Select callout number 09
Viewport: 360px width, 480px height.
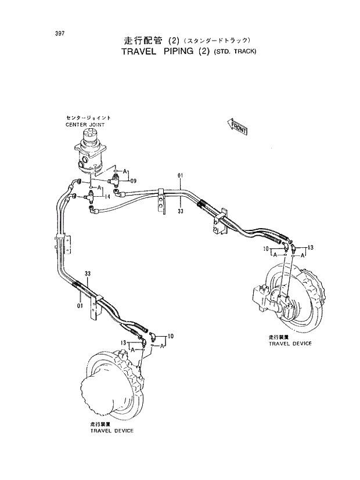click(x=133, y=181)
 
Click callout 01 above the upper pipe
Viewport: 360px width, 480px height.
click(x=181, y=175)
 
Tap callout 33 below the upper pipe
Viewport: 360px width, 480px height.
click(x=181, y=212)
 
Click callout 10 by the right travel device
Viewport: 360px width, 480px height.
click(x=265, y=248)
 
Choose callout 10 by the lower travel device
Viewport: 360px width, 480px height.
click(x=170, y=336)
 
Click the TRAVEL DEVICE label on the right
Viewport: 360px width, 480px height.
click(x=290, y=344)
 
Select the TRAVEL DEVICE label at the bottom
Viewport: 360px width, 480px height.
click(x=111, y=430)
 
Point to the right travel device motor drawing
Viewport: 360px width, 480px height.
click(x=279, y=296)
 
